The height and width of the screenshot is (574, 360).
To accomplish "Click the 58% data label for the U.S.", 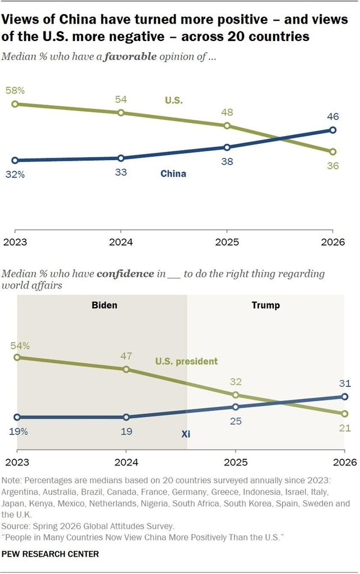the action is point(15,91).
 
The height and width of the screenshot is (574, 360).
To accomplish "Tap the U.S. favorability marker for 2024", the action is point(121,113).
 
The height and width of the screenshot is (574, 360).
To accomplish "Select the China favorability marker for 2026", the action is point(332,130).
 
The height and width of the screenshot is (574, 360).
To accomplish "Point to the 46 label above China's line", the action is point(332,116).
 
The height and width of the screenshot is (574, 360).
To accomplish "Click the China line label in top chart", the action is point(173,174).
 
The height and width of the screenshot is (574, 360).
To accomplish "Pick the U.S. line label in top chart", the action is point(174,100).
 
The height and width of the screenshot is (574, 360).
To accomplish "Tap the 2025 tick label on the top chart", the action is point(227,242).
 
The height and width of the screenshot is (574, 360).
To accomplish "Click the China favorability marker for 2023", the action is point(15,160).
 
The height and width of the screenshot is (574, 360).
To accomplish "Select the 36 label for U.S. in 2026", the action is point(332,166).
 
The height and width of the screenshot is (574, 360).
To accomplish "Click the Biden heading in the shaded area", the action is point(105,305).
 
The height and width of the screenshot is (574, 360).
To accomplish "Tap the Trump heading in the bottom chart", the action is point(265,305).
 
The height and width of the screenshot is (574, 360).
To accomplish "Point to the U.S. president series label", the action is point(186,361).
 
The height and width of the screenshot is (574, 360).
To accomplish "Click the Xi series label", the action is point(186,434).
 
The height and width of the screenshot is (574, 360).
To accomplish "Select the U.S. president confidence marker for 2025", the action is point(236,395).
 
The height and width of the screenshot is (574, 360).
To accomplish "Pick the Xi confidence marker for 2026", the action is point(344,396).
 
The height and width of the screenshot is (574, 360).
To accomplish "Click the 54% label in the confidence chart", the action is point(20,346).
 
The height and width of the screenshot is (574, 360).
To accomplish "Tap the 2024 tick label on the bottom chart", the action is point(127,462).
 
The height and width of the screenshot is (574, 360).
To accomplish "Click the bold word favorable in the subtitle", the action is point(130,56).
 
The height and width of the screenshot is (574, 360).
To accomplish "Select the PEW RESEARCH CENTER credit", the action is point(50,554).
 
